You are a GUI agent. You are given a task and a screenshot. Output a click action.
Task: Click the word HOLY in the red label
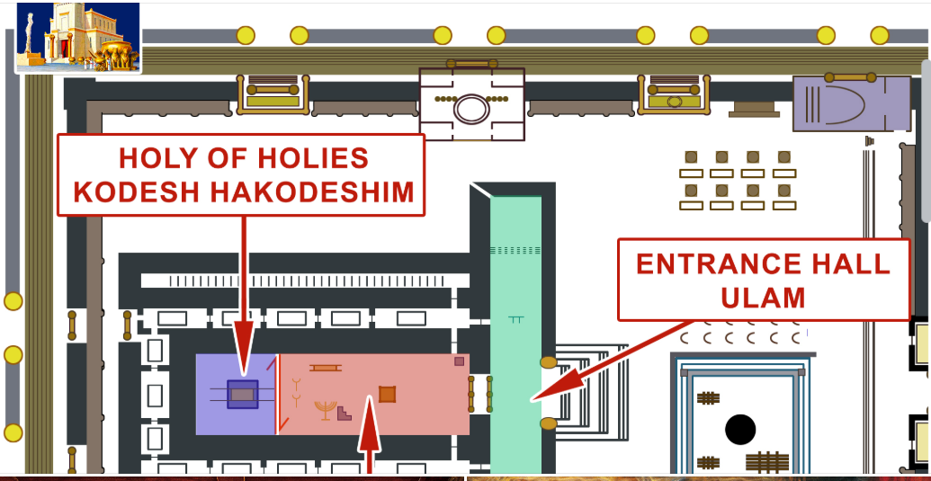coord(154,158)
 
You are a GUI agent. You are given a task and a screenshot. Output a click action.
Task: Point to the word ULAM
coord(764,298)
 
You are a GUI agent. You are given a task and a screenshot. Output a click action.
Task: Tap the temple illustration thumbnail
coord(78,37)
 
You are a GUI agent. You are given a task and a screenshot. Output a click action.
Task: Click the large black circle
coord(740,430)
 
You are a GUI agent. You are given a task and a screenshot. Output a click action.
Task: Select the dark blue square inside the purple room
coord(242,394)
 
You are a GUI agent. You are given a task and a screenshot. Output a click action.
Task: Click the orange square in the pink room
coord(387,394)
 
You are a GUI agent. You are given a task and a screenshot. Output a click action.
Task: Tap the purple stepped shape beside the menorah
coord(344,413)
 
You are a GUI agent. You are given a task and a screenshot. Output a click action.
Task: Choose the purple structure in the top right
coord(851,102)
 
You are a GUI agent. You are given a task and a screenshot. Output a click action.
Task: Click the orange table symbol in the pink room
coord(325,368)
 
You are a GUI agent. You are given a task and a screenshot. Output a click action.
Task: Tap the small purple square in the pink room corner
coord(460,361)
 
